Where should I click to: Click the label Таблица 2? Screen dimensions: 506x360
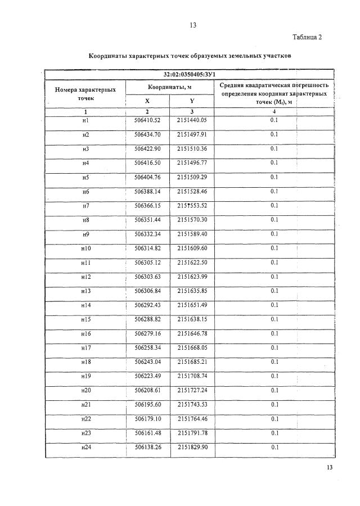[307, 38]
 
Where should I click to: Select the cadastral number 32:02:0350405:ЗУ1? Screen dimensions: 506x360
[190, 74]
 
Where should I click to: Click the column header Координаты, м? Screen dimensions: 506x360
[169, 87]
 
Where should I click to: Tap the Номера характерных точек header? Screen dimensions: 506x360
[86, 93]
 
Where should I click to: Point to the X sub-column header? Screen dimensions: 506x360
[148, 101]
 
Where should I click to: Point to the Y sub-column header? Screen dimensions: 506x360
[191, 101]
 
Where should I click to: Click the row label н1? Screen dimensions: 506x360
[86, 120]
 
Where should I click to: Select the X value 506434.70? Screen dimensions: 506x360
[148, 134]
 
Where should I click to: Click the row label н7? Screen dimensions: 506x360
[86, 205]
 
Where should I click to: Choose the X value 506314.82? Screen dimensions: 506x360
[148, 248]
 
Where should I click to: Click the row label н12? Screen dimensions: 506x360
[86, 276]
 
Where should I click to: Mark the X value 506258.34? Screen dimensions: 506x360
[148, 347]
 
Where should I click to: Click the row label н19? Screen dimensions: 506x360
[86, 376]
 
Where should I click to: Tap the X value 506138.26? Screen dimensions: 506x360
[148, 447]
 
